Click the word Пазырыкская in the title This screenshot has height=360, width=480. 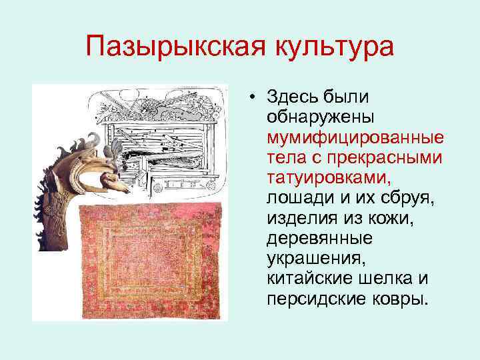pyautogui.click(x=169, y=47)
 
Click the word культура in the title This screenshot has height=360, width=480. pyautogui.click(x=325, y=47)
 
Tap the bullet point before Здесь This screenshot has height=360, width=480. pyautogui.click(x=254, y=97)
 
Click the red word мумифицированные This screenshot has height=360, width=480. pyautogui.click(x=355, y=137)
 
